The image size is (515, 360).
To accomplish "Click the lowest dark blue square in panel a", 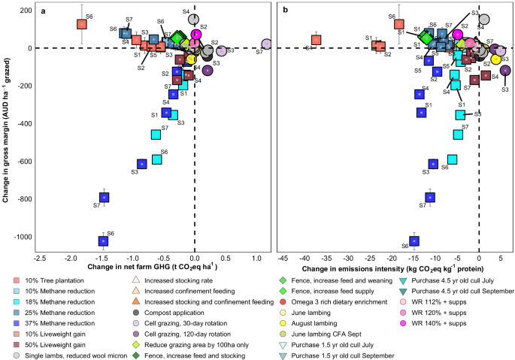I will (x=104, y=241).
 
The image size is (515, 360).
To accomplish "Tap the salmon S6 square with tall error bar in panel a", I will (x=82, y=24).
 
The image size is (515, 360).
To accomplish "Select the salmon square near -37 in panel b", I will (x=317, y=41).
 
